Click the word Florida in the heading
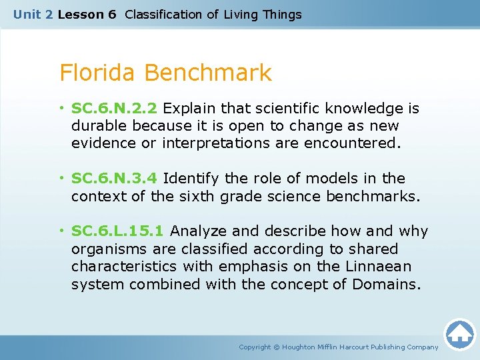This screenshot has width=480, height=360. [99, 73]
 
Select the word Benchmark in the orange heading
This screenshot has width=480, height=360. [208, 73]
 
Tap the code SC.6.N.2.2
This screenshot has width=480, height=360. [115, 108]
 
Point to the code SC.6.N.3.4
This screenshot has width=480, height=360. [115, 179]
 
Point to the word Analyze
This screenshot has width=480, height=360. [199, 231]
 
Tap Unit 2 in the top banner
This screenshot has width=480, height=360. [33, 15]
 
